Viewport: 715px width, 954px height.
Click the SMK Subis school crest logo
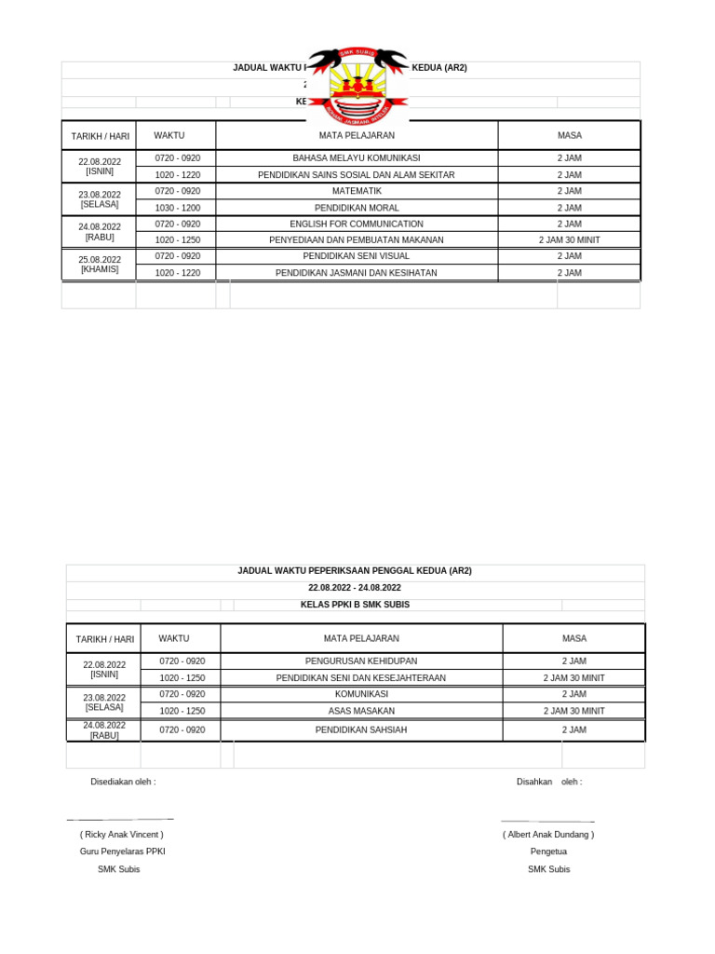click(x=357, y=87)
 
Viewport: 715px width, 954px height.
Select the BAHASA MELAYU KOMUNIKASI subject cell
click(x=357, y=158)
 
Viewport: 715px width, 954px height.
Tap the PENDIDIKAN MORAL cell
click(x=357, y=208)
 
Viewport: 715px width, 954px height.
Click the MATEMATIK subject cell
click(x=357, y=191)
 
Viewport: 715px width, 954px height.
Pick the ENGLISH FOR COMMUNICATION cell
click(x=357, y=224)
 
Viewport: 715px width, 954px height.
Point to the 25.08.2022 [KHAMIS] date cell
click(x=100, y=265)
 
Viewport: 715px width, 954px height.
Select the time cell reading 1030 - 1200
click(x=177, y=208)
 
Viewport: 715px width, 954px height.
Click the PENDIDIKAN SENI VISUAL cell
click(x=357, y=256)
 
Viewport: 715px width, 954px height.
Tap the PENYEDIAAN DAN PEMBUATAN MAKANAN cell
click(x=357, y=240)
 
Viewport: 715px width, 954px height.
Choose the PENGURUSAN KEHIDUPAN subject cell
click(x=361, y=661)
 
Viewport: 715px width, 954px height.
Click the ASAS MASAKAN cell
click(x=361, y=711)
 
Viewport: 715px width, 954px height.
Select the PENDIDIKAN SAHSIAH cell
click(x=361, y=730)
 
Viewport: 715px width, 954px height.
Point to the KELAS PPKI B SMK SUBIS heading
click(x=355, y=605)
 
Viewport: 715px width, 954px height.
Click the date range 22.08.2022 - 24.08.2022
click(x=355, y=588)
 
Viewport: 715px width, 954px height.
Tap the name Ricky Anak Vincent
click(x=122, y=835)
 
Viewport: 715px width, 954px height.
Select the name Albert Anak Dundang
click(x=548, y=835)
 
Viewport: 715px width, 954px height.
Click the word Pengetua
click(x=548, y=852)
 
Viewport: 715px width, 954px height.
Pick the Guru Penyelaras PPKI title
click(x=123, y=852)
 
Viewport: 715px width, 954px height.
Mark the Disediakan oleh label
click(x=123, y=782)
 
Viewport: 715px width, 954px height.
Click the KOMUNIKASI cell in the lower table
click(x=361, y=694)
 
